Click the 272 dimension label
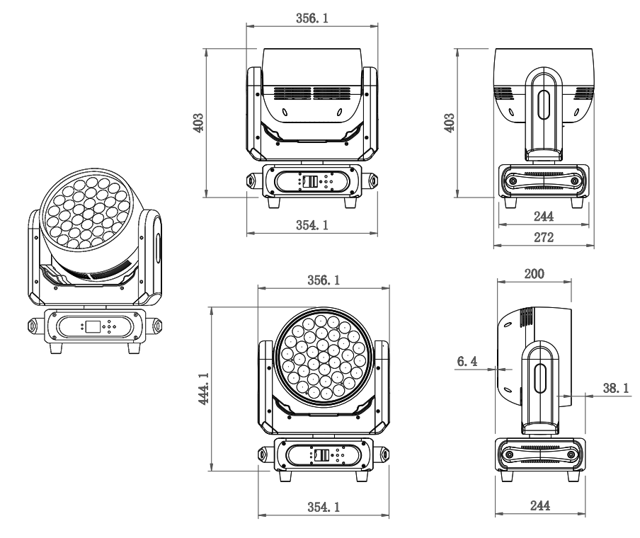pos(544,237)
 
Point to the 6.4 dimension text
pos(467,362)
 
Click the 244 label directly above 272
pos(544,217)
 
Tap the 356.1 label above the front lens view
pos(324,281)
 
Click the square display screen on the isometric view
pos(92,327)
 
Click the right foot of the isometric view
pos(135,348)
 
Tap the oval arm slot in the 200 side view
pos(543,377)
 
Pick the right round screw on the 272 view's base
pos(575,181)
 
